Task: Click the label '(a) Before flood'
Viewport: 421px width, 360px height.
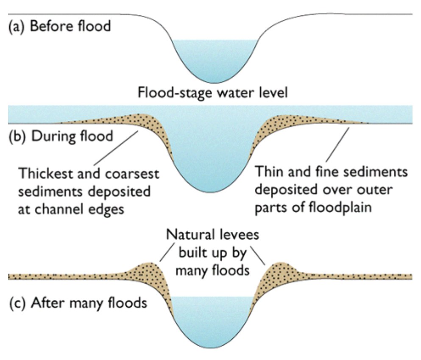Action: coord(59,26)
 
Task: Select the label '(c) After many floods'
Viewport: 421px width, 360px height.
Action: coord(78,303)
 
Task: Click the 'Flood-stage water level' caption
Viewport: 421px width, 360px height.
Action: coord(212,92)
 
